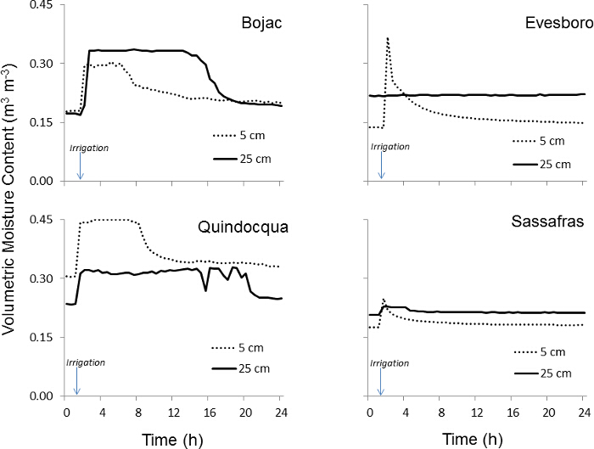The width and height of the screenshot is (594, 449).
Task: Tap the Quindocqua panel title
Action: [238, 227]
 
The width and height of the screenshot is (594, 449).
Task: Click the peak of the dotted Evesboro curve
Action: [388, 38]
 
